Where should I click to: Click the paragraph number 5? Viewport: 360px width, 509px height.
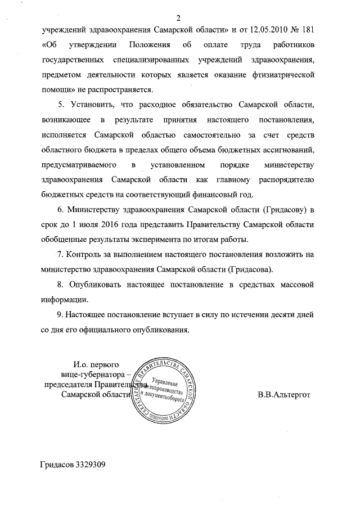tap(61, 105)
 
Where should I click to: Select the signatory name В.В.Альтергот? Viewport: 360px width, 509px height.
tap(284, 395)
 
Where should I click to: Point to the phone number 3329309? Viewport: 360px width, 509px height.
tap(88, 465)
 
